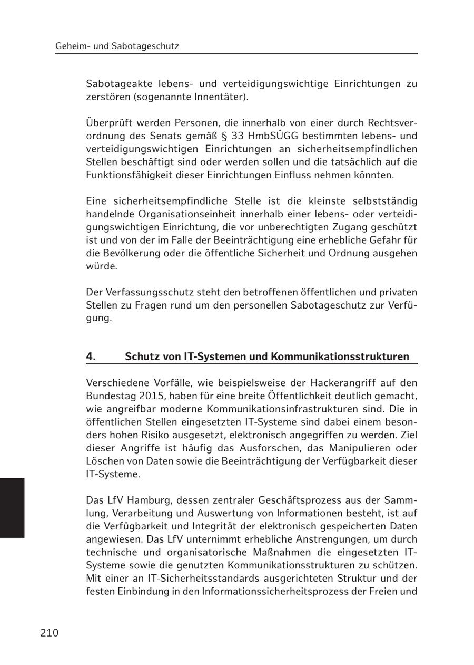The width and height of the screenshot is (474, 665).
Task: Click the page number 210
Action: click(x=49, y=633)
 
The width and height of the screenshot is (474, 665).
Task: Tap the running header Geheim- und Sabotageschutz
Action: click(x=117, y=46)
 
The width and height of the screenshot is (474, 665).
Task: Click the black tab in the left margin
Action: click(x=12, y=507)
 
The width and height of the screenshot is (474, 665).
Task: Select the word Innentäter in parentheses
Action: click(x=223, y=97)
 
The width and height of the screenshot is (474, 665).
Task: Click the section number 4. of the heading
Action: click(x=91, y=356)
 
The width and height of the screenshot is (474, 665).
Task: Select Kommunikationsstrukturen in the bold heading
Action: click(x=340, y=356)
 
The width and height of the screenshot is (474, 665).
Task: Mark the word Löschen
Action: click(x=104, y=461)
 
